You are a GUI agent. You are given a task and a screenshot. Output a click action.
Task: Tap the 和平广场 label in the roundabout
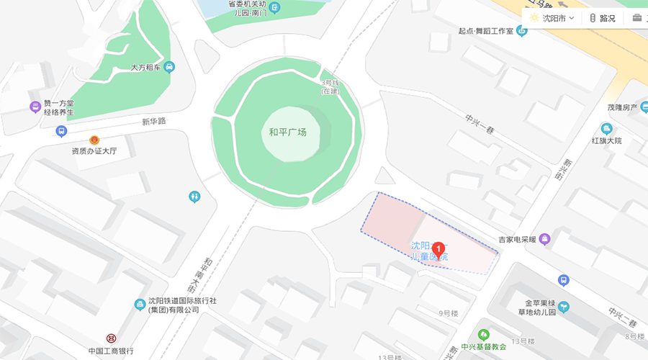click(288, 132)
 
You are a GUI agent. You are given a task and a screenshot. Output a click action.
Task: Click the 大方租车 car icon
click(169, 67)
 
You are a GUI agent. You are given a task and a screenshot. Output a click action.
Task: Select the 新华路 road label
click(153, 121)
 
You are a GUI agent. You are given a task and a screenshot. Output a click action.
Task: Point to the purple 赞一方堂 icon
click(35, 107)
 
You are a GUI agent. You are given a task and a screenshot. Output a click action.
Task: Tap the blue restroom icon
click(194, 196)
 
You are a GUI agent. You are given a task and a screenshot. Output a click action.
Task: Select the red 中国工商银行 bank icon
click(112, 338)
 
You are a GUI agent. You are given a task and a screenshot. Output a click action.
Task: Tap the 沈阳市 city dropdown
click(552, 18)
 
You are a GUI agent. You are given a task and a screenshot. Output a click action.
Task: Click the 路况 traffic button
click(603, 18)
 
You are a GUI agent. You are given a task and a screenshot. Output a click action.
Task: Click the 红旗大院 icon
click(606, 129)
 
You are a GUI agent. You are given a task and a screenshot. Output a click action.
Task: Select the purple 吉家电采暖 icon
click(544, 238)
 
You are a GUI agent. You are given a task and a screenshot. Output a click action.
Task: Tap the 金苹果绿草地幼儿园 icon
click(563, 307)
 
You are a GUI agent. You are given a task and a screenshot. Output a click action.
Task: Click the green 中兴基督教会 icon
click(484, 335)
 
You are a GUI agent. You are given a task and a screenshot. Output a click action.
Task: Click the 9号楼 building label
click(449, 313)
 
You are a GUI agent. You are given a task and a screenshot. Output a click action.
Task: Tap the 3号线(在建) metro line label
click(330, 88)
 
